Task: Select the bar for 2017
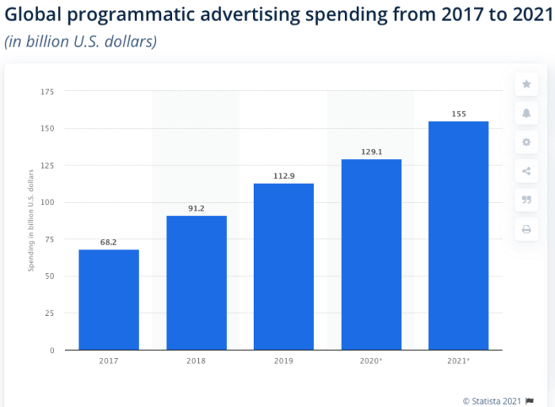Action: pos(109,299)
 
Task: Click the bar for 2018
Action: pos(196,283)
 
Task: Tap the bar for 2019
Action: pos(283,266)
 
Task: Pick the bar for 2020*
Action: pos(371,254)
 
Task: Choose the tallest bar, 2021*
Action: pos(458,235)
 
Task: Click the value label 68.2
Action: pos(109,242)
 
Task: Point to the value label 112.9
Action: pos(283,175)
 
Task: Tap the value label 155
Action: pos(458,114)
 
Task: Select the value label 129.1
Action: pos(371,151)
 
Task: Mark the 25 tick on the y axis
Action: pos(48,314)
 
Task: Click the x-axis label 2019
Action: pos(283,361)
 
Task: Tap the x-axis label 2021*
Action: pos(458,361)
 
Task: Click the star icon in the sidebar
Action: pos(526,84)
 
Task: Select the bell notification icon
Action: pos(526,113)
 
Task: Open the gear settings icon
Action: pos(526,143)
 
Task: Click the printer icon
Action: pos(526,230)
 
